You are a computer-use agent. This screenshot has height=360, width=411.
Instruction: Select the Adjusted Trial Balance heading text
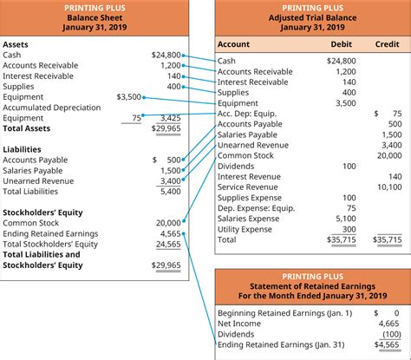coord(311,16)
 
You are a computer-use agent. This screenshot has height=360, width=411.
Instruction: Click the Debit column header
coord(342,43)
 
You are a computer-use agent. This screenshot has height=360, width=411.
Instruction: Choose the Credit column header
coord(387,43)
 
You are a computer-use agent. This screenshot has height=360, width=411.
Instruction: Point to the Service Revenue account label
coord(248,187)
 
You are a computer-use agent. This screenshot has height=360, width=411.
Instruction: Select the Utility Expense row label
coord(246,229)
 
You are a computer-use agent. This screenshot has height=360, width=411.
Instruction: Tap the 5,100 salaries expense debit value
coord(343,219)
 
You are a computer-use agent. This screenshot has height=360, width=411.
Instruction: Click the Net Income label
coord(240,324)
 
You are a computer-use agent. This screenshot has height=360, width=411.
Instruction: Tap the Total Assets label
coord(28,128)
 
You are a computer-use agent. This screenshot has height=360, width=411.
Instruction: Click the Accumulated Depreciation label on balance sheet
coord(52,107)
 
